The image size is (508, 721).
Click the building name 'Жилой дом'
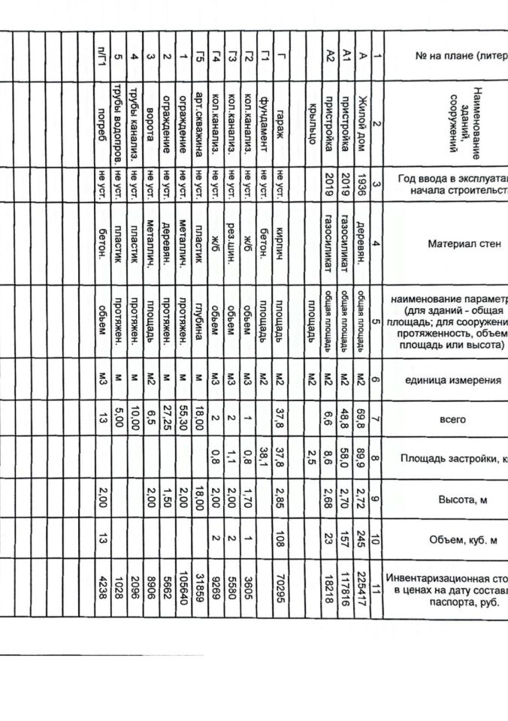click(363, 119)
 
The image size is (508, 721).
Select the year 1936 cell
click(363, 184)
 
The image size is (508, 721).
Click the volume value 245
click(363, 538)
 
